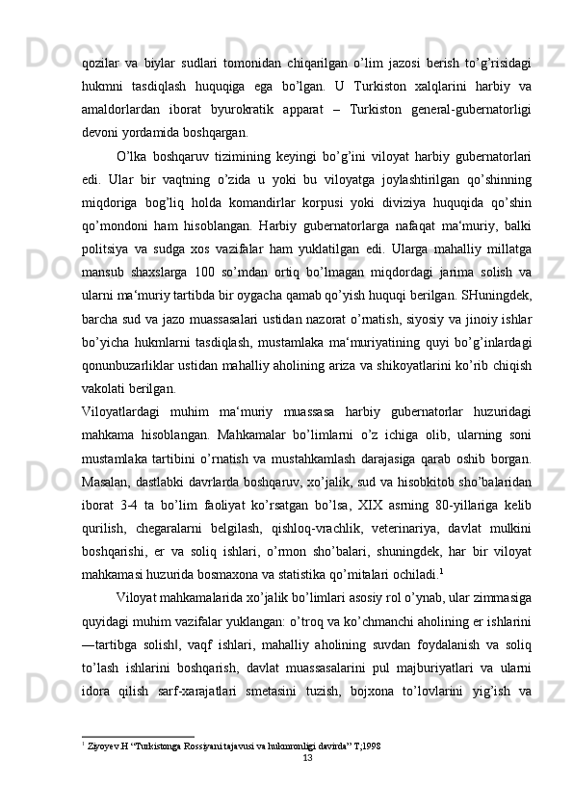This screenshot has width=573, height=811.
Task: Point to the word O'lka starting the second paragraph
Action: (130, 155)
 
